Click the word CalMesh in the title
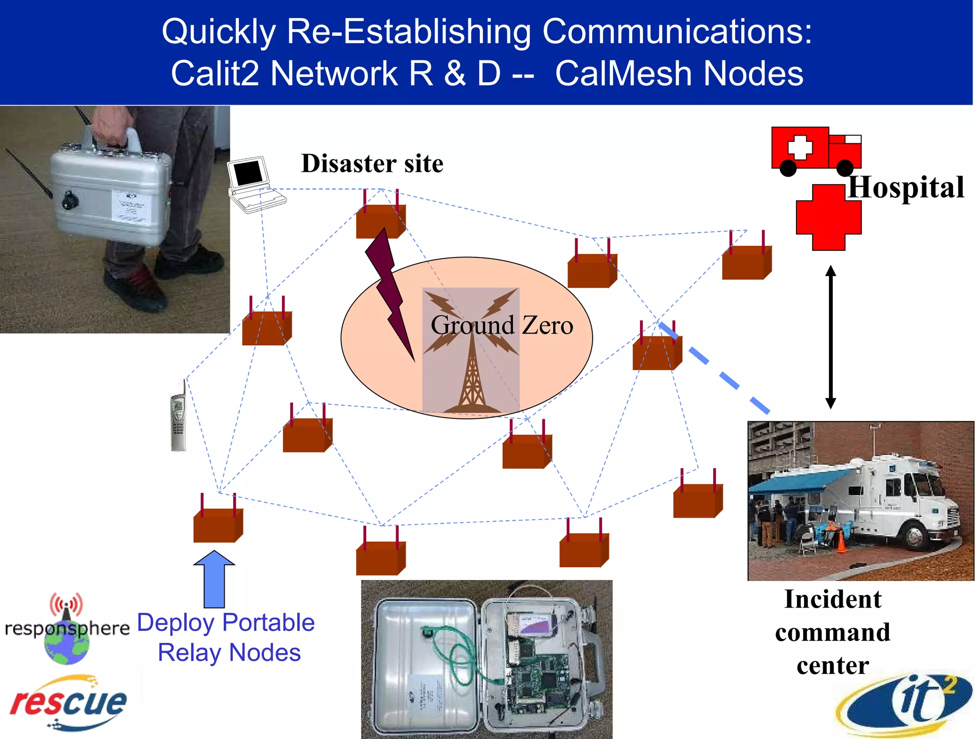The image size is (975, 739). click(x=624, y=74)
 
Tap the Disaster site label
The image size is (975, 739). click(x=372, y=164)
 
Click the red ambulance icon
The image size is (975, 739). click(x=815, y=149)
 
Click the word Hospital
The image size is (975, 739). click(x=906, y=187)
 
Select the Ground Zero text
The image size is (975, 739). click(x=502, y=325)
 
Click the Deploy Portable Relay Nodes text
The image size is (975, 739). click(x=226, y=637)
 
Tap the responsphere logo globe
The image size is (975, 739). click(x=67, y=642)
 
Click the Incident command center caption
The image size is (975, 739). click(x=833, y=632)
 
